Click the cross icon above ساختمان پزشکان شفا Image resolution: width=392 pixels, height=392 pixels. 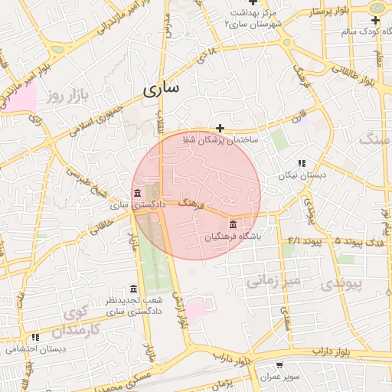[220, 128]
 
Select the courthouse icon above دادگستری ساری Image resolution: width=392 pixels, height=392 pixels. [136, 191]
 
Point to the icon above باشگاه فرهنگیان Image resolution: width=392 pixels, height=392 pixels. [233, 224]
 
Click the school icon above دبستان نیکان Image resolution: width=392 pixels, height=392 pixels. [302, 163]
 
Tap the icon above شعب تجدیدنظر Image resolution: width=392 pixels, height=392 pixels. [134, 289]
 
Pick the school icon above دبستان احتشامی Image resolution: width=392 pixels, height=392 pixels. [35, 337]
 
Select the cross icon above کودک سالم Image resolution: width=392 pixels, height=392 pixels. [375, 20]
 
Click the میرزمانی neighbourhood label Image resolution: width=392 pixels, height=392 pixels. [276, 281]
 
